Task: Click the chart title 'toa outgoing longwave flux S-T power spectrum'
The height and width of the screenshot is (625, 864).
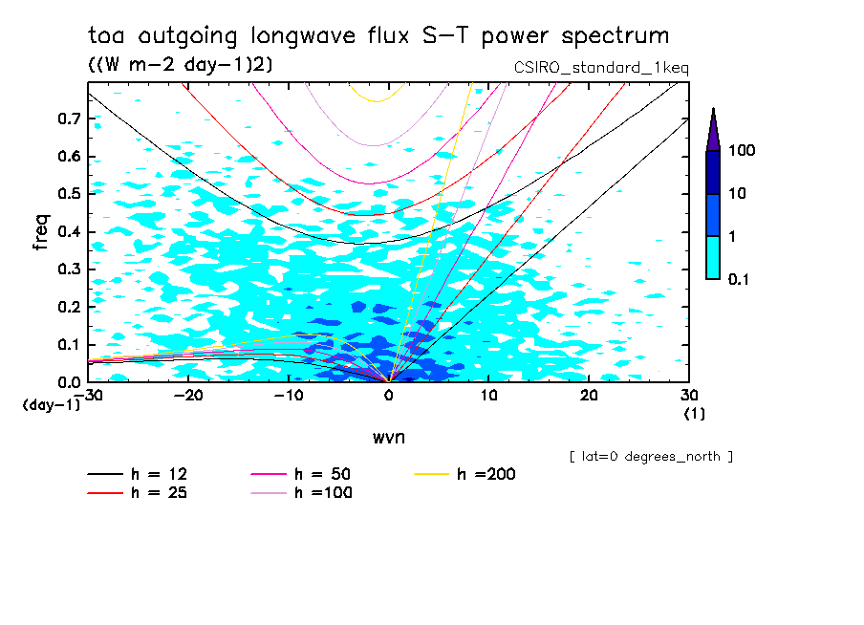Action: (378, 36)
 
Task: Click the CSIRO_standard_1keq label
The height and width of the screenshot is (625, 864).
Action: (601, 68)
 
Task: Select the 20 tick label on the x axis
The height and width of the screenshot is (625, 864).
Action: (589, 395)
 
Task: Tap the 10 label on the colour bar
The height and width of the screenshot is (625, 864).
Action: (735, 193)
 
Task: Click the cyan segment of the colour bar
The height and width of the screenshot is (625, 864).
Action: (713, 257)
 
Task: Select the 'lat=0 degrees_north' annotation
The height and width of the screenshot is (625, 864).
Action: (651, 457)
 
